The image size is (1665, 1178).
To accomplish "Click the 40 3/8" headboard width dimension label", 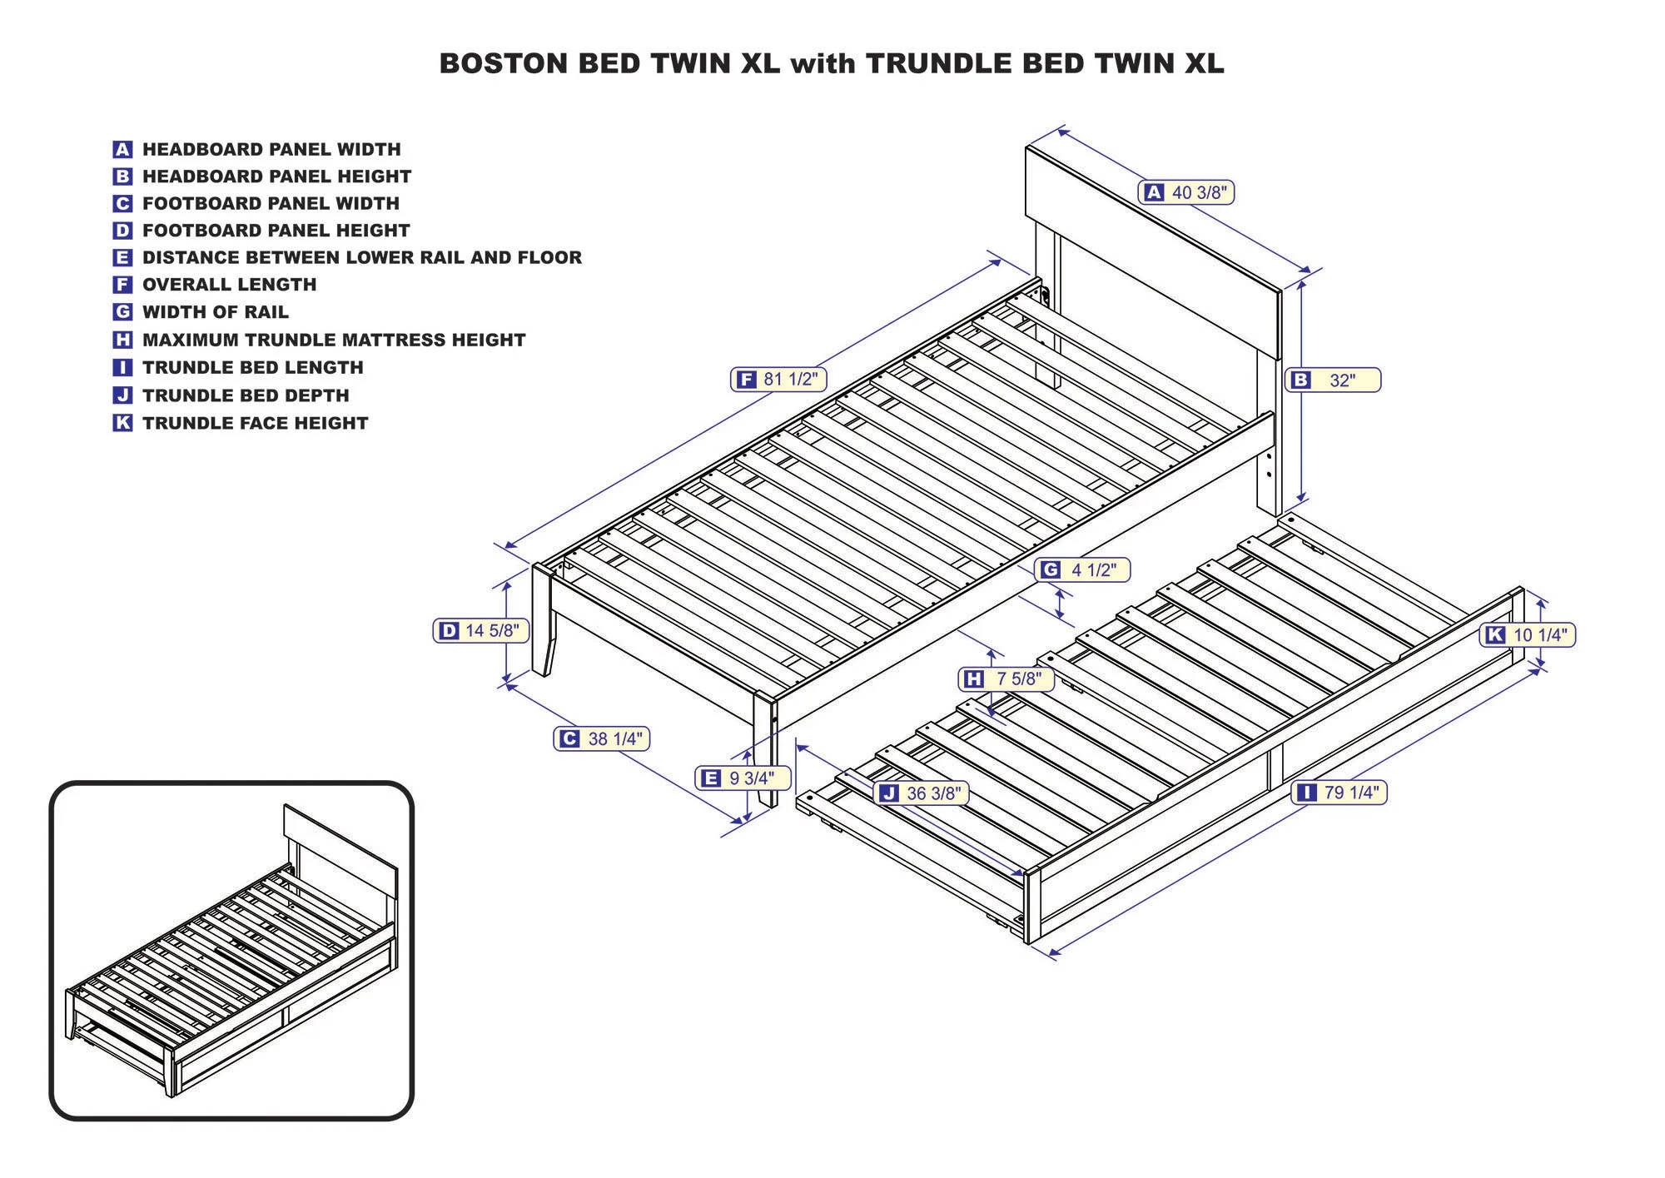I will point(1186,192).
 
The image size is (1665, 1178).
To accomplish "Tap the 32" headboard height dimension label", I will point(1333,380).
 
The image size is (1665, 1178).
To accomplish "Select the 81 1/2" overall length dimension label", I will point(778,380).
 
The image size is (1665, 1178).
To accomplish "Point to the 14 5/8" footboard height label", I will point(481,631).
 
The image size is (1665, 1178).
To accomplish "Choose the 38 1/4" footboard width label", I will point(602,738).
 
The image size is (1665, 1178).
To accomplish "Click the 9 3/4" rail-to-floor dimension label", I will point(742,778).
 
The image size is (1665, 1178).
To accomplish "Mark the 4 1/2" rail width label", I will point(1082,569).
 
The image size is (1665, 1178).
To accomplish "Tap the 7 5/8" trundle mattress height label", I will point(1006,679).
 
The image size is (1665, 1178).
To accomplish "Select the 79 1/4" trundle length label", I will point(1339,793).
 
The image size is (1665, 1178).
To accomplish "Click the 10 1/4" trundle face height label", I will point(1528,635).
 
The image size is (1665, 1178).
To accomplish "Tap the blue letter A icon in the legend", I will point(122,150).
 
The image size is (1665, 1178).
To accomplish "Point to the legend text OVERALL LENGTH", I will point(229,285).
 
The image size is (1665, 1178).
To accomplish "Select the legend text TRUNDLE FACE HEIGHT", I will point(255,423).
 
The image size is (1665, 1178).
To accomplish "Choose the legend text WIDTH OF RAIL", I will point(215,312).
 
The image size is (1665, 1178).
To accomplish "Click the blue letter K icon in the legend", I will point(122,423).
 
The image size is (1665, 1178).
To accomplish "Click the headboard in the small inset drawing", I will point(340,841).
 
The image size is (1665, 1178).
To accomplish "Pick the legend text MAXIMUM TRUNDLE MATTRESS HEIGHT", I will point(334,340).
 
